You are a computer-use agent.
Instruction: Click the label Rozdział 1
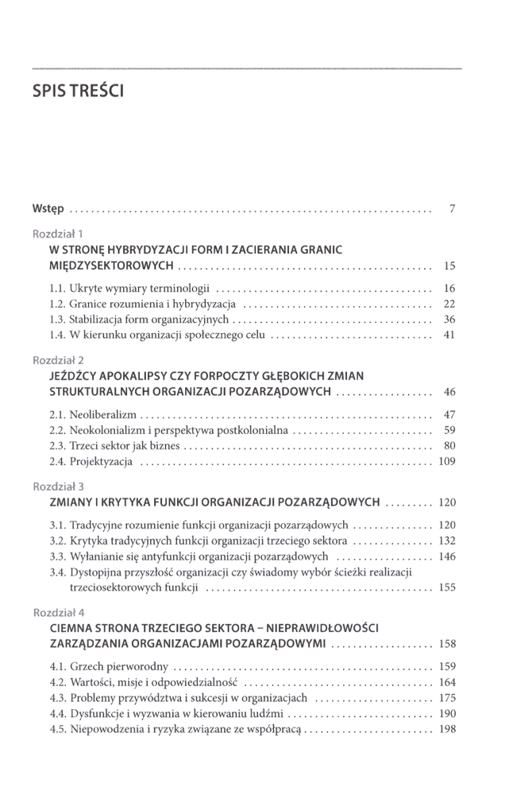[58, 234]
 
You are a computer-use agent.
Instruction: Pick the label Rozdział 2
[58, 360]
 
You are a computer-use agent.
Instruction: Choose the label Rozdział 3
[58, 486]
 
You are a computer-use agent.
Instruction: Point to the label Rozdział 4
[58, 612]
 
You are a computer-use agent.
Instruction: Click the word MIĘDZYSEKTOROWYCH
[111, 265]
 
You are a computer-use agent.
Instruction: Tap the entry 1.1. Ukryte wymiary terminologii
[129, 289]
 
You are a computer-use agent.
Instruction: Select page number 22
[449, 304]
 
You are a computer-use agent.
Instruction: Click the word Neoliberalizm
[105, 414]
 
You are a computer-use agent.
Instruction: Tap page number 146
[447, 556]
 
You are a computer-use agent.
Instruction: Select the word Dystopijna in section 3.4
[98, 572]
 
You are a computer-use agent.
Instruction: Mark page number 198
[447, 729]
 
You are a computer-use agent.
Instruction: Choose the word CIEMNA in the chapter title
[71, 628]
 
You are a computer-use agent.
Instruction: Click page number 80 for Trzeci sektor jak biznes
[449, 445]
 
